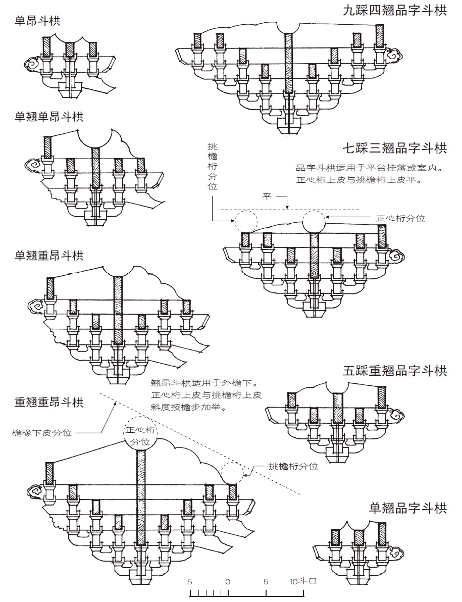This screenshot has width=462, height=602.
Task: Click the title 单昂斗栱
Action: (37, 20)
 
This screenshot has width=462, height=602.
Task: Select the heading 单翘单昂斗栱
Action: (49, 116)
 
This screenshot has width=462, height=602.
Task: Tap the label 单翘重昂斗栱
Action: (49, 256)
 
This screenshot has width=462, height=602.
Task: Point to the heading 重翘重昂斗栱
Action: (49, 402)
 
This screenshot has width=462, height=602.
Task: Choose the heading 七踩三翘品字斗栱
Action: (395, 148)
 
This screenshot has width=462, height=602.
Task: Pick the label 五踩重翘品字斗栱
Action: (395, 371)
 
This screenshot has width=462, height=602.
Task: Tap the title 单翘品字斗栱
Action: (408, 508)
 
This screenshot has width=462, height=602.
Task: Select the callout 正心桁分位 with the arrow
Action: (400, 218)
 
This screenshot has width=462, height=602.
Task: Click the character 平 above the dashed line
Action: (267, 196)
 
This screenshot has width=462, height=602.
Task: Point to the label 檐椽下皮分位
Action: (42, 433)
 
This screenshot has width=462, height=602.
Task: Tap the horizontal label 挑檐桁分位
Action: (293, 466)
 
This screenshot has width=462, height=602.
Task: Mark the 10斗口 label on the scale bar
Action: (303, 581)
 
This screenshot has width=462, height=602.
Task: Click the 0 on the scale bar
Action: (228, 582)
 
